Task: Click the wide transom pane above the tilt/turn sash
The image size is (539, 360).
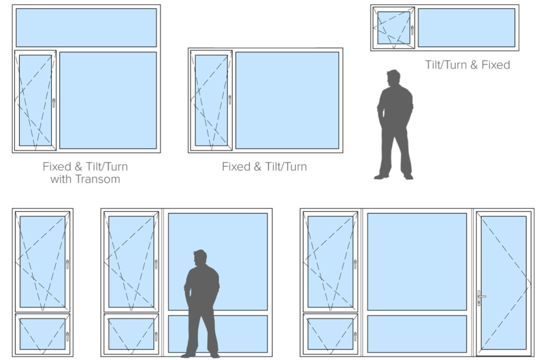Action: click(86, 27)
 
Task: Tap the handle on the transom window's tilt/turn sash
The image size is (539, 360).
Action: click(54, 103)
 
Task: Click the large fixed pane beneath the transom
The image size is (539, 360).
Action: click(108, 101)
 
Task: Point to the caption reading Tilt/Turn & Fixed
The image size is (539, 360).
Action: click(467, 65)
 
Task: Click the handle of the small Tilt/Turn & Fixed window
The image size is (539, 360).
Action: click(412, 30)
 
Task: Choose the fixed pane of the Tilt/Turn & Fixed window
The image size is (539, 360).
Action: click(466, 27)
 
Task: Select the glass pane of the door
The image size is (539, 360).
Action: click(504, 283)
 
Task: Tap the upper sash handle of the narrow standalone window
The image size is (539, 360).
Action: click(67, 264)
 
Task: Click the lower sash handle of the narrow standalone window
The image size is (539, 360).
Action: click(67, 336)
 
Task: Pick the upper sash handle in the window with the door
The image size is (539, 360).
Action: click(355, 264)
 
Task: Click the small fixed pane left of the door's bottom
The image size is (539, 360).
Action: click(417, 334)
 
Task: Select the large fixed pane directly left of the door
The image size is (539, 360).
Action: click(417, 262)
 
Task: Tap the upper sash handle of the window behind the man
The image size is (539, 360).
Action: click(156, 264)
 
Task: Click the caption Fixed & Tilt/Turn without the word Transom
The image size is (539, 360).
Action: click(264, 166)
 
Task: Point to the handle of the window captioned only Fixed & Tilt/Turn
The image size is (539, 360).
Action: click(229, 99)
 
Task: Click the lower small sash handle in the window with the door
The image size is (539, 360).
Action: click(355, 336)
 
